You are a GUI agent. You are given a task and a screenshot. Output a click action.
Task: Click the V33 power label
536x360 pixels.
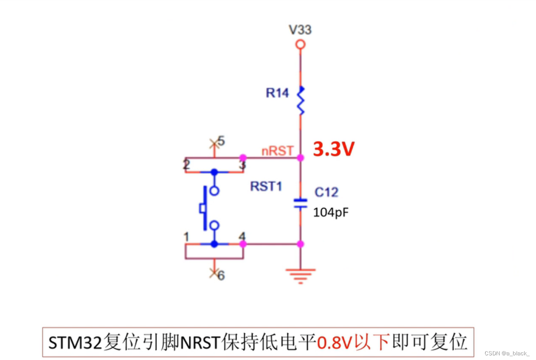click(x=300, y=30)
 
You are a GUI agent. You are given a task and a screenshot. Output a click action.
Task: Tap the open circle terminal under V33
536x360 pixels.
click(x=300, y=44)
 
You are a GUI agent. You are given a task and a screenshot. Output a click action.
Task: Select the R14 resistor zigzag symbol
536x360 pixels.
click(x=301, y=100)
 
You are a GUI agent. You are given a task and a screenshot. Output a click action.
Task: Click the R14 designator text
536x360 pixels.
click(x=277, y=93)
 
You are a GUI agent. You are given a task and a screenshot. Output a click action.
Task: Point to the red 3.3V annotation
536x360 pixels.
click(x=333, y=150)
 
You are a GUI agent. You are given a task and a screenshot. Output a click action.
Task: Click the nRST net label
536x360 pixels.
click(x=278, y=151)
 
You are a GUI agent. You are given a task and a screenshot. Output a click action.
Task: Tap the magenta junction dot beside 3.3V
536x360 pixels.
click(x=300, y=158)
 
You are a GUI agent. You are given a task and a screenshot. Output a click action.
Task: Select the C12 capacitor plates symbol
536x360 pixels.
click(x=300, y=203)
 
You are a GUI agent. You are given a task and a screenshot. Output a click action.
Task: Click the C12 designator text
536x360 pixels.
click(x=326, y=192)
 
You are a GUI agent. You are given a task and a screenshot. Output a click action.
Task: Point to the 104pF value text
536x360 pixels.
click(x=331, y=212)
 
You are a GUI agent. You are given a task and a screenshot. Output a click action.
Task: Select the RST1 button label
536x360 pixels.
click(x=266, y=186)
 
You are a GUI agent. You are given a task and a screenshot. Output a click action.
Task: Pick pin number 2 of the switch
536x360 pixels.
click(x=187, y=165)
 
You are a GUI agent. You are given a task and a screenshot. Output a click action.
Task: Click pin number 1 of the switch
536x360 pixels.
click(x=187, y=237)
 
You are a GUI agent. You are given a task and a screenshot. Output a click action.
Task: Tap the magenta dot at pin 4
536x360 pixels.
click(x=243, y=244)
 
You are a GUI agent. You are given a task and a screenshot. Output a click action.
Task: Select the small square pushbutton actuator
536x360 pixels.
click(x=203, y=208)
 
